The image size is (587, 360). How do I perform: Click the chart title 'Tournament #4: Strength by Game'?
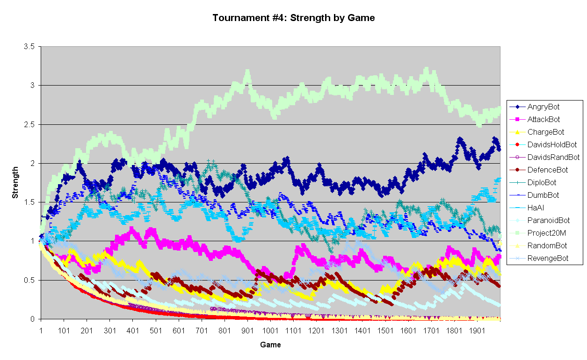(293, 18)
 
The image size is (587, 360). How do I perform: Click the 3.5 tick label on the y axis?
(29, 47)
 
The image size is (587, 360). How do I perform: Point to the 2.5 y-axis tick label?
(29, 125)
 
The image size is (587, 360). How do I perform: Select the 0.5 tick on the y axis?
(29, 281)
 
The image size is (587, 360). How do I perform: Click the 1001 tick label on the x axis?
(270, 331)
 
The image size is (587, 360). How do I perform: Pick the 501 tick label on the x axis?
(156, 331)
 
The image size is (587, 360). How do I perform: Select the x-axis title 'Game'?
(270, 345)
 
